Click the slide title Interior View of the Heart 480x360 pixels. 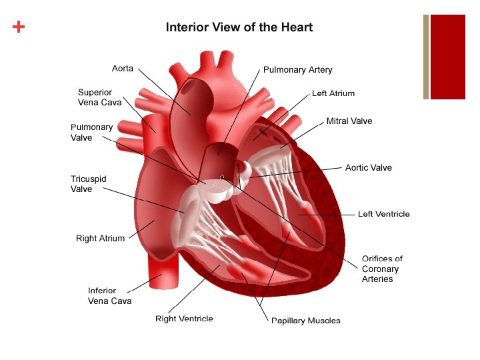pyautogui.click(x=239, y=27)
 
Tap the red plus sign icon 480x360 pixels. pyautogui.click(x=19, y=27)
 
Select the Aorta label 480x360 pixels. pyautogui.click(x=123, y=69)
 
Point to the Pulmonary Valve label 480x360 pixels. pyautogui.click(x=91, y=132)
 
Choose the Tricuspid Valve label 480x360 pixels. pyautogui.click(x=88, y=184)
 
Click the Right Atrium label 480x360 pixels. pyautogui.click(x=100, y=238)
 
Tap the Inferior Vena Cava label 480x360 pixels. pyautogui.click(x=109, y=295)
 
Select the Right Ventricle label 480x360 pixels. pyautogui.click(x=184, y=319)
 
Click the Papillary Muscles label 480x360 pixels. pyautogui.click(x=305, y=321)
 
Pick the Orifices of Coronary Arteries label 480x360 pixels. pyautogui.click(x=382, y=269)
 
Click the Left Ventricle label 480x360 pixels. pyautogui.click(x=383, y=214)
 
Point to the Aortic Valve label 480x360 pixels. pyautogui.click(x=368, y=168)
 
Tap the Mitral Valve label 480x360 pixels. pyautogui.click(x=349, y=121)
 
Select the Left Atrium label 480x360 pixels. pyautogui.click(x=333, y=93)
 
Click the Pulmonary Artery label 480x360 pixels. pyautogui.click(x=297, y=69)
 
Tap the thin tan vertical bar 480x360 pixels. pyautogui.click(x=425, y=57)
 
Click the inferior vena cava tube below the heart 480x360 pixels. pyautogui.click(x=162, y=273)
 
